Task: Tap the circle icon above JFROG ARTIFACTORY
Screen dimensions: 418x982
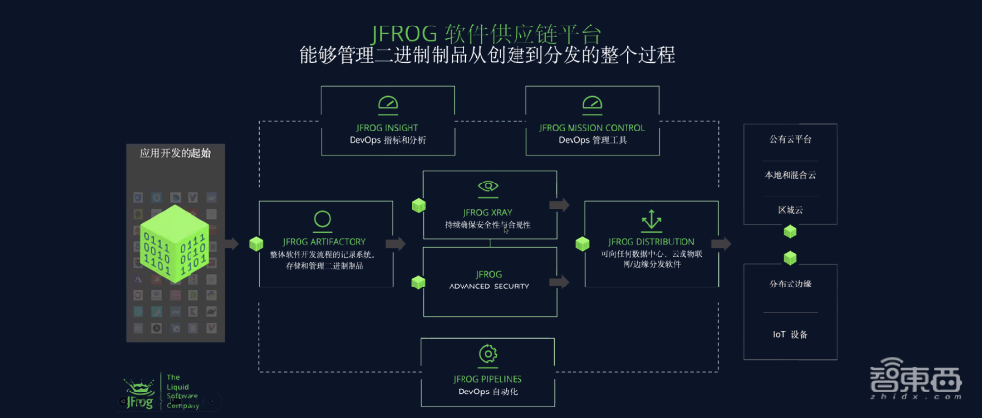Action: point(321,220)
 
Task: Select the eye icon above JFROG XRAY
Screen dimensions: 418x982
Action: point(488,186)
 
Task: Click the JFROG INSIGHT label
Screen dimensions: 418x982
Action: point(388,127)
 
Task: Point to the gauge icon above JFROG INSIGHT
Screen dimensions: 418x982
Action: point(388,104)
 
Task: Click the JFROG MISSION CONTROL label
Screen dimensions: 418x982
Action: point(592,127)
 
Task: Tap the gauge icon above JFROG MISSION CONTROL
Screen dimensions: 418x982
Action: point(592,104)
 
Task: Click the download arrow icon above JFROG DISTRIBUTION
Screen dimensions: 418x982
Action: point(650,219)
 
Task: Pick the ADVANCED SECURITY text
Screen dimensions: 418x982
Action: point(488,287)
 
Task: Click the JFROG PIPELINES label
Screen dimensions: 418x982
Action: point(487,378)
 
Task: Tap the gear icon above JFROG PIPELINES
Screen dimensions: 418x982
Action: point(487,354)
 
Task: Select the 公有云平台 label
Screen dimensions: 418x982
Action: point(790,140)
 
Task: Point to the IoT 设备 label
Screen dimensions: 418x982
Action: point(790,334)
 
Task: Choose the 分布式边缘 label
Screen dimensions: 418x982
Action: point(790,284)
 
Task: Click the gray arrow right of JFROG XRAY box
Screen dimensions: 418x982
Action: point(559,205)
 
